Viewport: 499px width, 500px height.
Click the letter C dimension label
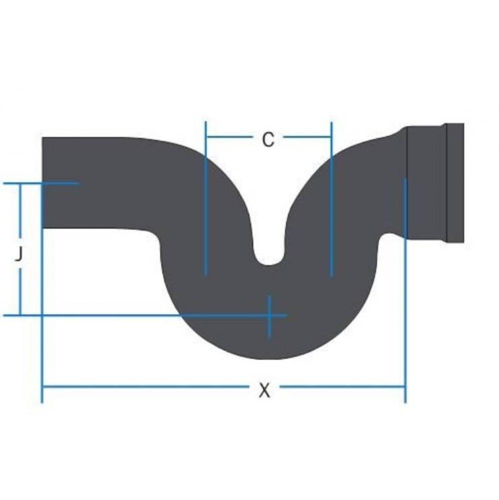(x=268, y=140)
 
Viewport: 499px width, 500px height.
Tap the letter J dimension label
(x=18, y=255)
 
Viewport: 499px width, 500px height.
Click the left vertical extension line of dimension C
(x=205, y=200)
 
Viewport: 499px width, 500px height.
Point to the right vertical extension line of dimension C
(x=331, y=200)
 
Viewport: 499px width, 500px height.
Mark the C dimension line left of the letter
(x=230, y=136)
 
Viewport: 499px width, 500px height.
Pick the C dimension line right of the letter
(x=307, y=136)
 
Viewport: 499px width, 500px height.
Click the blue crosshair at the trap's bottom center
(x=269, y=315)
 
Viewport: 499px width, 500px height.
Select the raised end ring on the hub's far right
(x=455, y=182)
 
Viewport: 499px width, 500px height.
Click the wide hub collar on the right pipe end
(x=426, y=182)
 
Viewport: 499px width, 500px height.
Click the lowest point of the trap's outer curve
(x=270, y=357)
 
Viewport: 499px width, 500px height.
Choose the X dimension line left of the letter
(x=145, y=386)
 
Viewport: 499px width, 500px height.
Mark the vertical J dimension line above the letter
(x=20, y=212)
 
